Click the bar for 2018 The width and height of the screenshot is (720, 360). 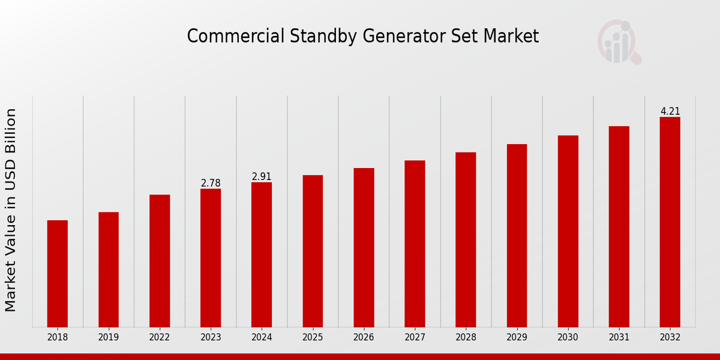point(58,274)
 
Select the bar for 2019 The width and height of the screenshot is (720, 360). point(109,269)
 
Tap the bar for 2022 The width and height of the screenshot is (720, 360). point(160,261)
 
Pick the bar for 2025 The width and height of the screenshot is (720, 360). point(313,251)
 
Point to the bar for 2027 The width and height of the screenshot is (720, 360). point(415,244)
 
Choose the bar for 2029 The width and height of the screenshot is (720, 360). point(517,235)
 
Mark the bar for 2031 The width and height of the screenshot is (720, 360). point(619,226)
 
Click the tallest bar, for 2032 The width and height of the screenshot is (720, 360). point(670,222)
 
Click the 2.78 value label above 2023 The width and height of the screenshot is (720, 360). point(211,183)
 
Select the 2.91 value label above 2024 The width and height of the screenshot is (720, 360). point(262,176)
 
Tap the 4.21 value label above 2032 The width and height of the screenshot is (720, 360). point(670,111)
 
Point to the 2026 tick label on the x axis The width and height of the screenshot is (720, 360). point(364,337)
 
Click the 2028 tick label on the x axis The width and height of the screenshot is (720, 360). point(466,337)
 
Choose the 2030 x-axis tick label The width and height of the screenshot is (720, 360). point(568,337)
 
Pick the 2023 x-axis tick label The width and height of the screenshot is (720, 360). point(211,337)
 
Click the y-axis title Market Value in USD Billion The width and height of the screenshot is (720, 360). point(11,210)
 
